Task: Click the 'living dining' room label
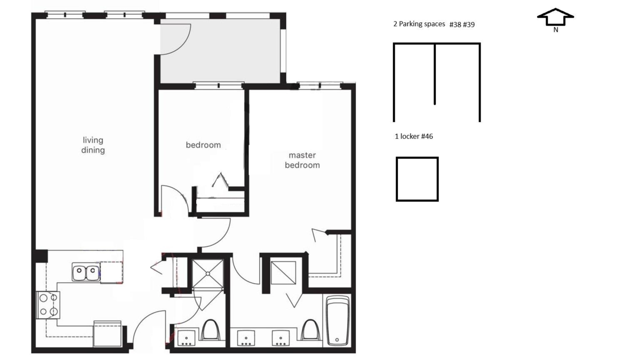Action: [93, 145]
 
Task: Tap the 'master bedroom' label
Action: [302, 161]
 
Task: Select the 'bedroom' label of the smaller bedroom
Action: [203, 145]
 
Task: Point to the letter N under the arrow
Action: [556, 30]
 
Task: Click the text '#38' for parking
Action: [455, 25]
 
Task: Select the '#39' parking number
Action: [469, 25]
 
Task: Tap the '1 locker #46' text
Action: [414, 137]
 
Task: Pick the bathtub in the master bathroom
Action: [338, 321]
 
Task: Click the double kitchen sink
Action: [86, 271]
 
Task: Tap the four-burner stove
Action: [48, 305]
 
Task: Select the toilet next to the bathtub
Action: [310, 330]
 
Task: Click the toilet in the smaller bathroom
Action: [210, 330]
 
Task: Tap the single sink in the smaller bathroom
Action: [186, 338]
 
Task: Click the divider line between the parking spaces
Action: [435, 74]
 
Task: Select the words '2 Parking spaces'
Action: [419, 24]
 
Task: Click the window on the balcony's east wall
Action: [283, 51]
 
